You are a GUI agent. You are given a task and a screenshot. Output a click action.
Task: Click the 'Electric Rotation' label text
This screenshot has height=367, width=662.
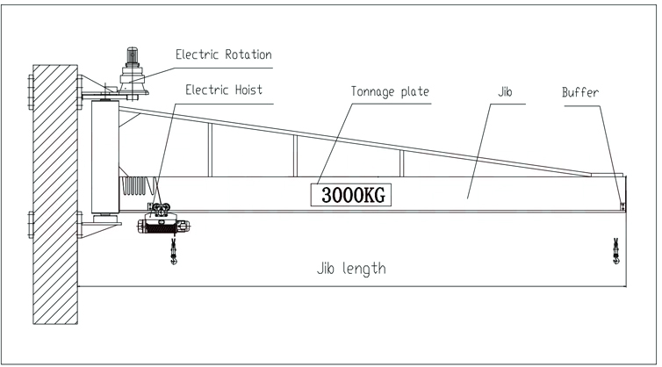tap(223, 54)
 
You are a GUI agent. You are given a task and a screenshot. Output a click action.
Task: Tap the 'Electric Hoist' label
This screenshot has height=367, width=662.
tap(223, 90)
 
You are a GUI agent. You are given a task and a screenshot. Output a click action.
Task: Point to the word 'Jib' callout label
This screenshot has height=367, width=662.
tap(503, 91)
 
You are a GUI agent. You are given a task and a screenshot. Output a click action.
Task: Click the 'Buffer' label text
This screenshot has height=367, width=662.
tap(579, 91)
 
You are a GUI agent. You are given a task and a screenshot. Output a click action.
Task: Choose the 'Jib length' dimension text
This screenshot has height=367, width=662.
tap(350, 269)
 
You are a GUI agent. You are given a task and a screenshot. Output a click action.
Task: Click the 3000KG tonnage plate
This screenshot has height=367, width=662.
tap(350, 195)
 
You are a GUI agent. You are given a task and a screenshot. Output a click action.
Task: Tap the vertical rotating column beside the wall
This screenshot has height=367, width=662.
tap(104, 158)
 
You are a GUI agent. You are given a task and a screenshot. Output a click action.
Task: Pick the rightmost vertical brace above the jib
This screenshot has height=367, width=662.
tap(401, 163)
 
